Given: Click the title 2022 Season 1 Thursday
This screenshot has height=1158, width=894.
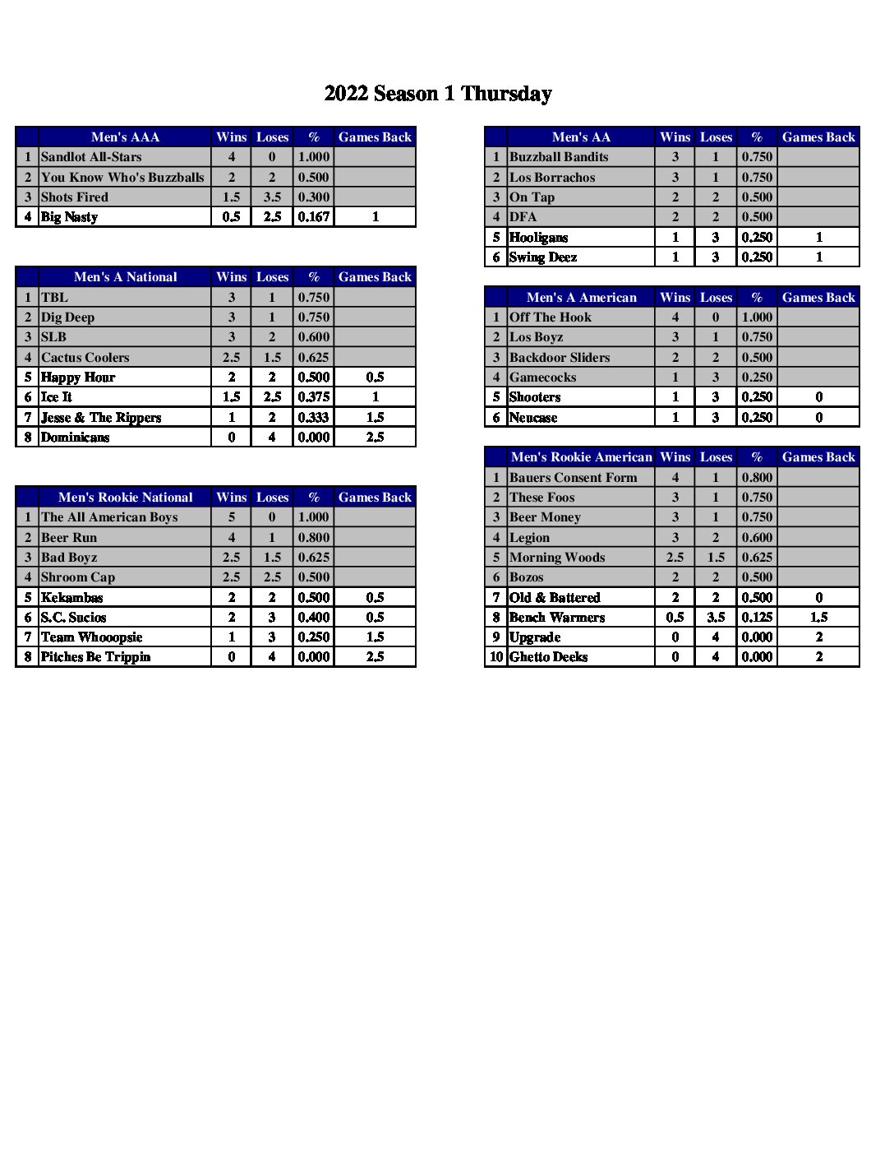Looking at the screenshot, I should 438,94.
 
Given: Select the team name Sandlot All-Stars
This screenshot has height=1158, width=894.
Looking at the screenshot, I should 91,157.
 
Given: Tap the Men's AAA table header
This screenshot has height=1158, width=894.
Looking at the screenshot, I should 125,137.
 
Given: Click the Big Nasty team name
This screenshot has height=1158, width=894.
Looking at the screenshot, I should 69,217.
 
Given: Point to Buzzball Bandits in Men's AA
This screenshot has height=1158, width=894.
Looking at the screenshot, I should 559,157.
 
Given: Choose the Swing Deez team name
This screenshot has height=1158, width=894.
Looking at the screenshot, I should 543,257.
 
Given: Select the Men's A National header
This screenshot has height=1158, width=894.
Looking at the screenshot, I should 125,277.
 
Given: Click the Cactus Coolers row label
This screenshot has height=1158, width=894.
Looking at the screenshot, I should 85,358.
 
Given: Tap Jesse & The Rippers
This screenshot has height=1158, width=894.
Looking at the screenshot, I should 101,418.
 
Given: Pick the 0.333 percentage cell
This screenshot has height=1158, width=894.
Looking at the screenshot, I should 314,418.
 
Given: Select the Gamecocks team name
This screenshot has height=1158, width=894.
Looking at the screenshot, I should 542,378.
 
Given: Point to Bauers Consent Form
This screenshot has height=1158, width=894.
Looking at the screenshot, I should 573,478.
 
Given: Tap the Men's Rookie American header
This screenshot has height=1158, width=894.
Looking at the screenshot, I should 581,457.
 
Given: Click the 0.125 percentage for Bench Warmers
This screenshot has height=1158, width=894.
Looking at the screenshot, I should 757,618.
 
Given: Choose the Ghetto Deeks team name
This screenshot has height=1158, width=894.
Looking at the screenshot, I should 548,657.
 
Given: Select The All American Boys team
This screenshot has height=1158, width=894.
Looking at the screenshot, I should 109,517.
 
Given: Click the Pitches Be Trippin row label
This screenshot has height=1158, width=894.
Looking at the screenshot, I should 95,657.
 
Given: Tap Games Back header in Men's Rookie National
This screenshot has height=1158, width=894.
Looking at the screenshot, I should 375,498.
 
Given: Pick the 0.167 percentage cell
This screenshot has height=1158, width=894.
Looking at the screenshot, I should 314,217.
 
